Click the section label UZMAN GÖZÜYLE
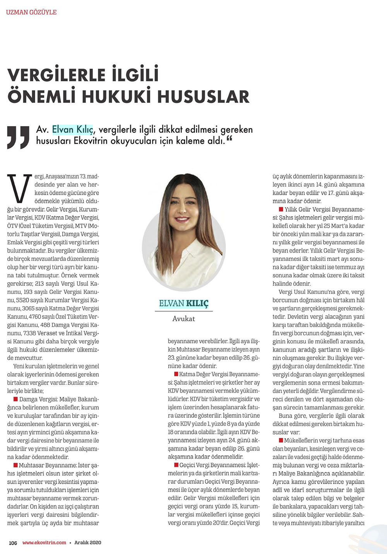[31, 12]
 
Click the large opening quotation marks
[18, 137]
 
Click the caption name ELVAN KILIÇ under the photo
[184, 303]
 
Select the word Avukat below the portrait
[184, 319]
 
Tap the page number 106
[13, 542]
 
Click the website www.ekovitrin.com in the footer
[44, 542]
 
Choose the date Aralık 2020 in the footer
[88, 542]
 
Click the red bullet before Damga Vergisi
[15, 399]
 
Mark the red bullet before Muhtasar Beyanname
[15, 465]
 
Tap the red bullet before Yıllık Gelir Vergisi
[281, 209]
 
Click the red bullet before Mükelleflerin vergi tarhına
[281, 440]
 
